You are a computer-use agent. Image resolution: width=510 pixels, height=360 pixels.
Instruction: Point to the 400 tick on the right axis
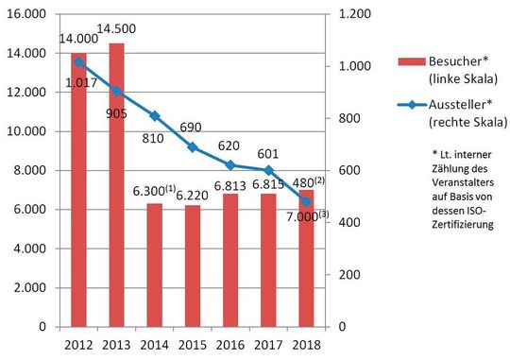[347, 222]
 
